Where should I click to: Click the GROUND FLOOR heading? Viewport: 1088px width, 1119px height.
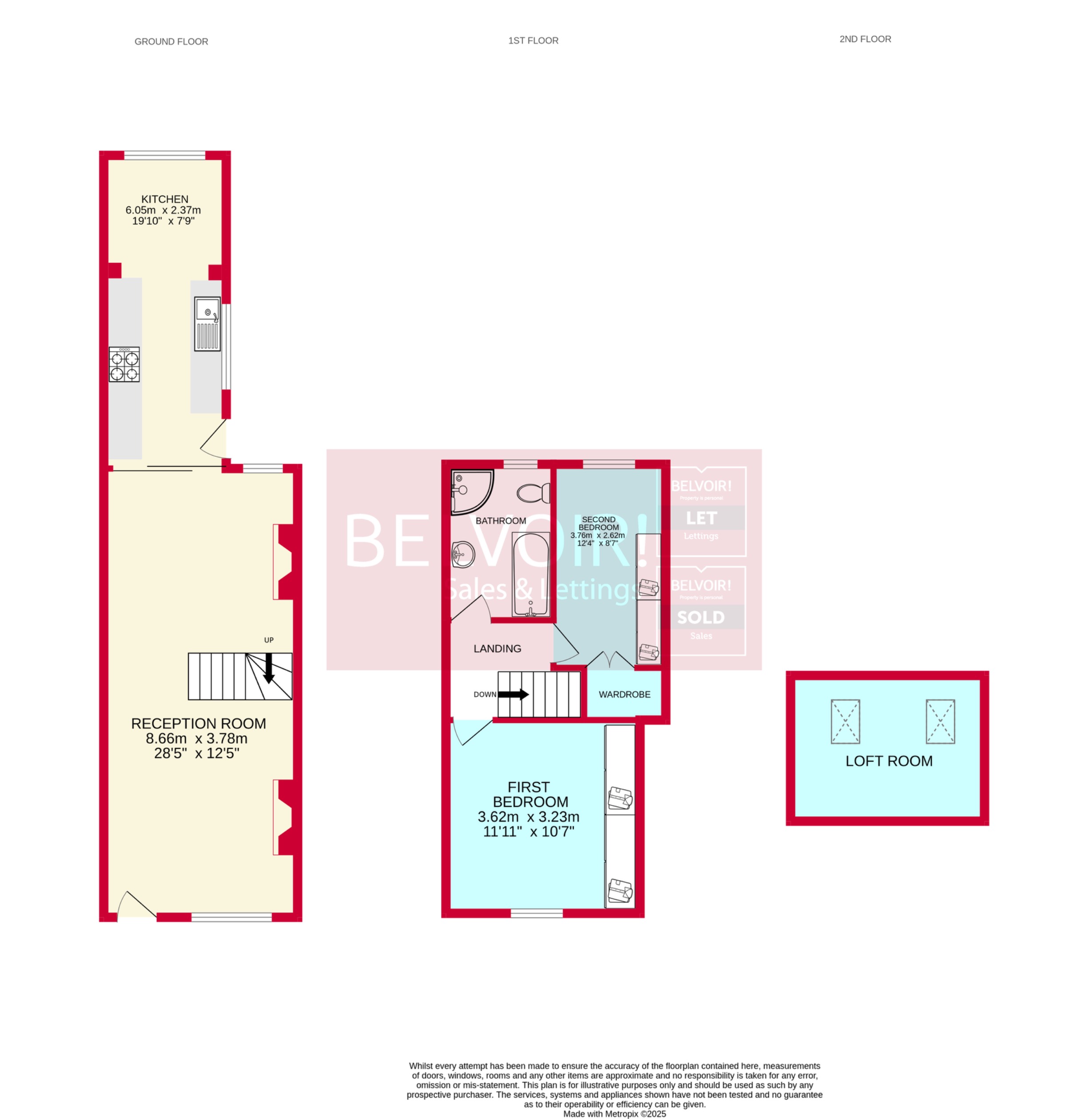tap(171, 42)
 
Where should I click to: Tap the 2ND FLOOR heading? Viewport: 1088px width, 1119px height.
tap(865, 40)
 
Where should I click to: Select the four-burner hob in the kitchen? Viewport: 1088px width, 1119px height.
tap(124, 365)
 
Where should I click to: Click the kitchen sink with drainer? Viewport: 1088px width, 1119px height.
tap(207, 324)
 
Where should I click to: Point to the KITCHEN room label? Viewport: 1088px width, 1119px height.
tap(164, 199)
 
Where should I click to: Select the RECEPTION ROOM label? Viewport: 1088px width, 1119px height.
tap(198, 724)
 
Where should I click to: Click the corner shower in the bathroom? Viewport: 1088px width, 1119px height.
tap(470, 491)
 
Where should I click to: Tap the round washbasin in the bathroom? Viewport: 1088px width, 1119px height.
tap(462, 554)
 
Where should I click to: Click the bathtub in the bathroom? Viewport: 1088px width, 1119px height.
tap(531, 574)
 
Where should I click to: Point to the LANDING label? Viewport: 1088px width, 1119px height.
tap(497, 649)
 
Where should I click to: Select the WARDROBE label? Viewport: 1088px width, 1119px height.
tap(624, 694)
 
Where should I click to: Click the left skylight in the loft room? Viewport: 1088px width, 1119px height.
tap(845, 722)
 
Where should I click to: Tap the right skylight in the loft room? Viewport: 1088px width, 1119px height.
tap(940, 722)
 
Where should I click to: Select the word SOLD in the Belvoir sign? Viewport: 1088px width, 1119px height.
tap(701, 618)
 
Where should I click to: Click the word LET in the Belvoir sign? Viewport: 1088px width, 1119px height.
tap(701, 518)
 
